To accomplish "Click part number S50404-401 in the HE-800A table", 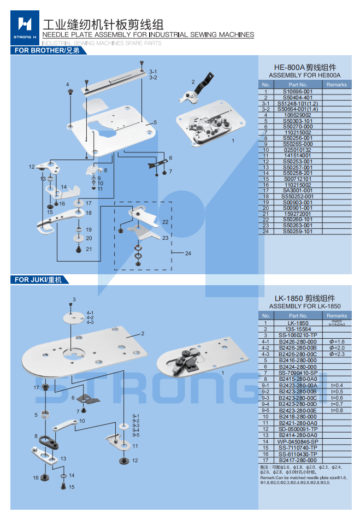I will coord(298,97).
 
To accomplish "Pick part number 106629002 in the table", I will coord(298,115).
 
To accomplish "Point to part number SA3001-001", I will coord(298,190).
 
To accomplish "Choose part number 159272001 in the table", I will coord(298,214).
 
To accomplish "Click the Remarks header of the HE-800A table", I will coord(337,85).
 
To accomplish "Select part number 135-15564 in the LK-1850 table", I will coord(298,329).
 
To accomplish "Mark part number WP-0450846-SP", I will coord(298,441).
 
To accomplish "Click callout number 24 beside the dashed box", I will coord(188,253).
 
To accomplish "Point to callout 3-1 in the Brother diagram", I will coord(153,72).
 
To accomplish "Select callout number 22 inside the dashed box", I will coord(165,221).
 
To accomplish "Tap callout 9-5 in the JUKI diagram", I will coord(136,435).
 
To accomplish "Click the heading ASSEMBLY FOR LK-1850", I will coord(304,306).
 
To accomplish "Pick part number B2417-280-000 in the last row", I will coord(298,460).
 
